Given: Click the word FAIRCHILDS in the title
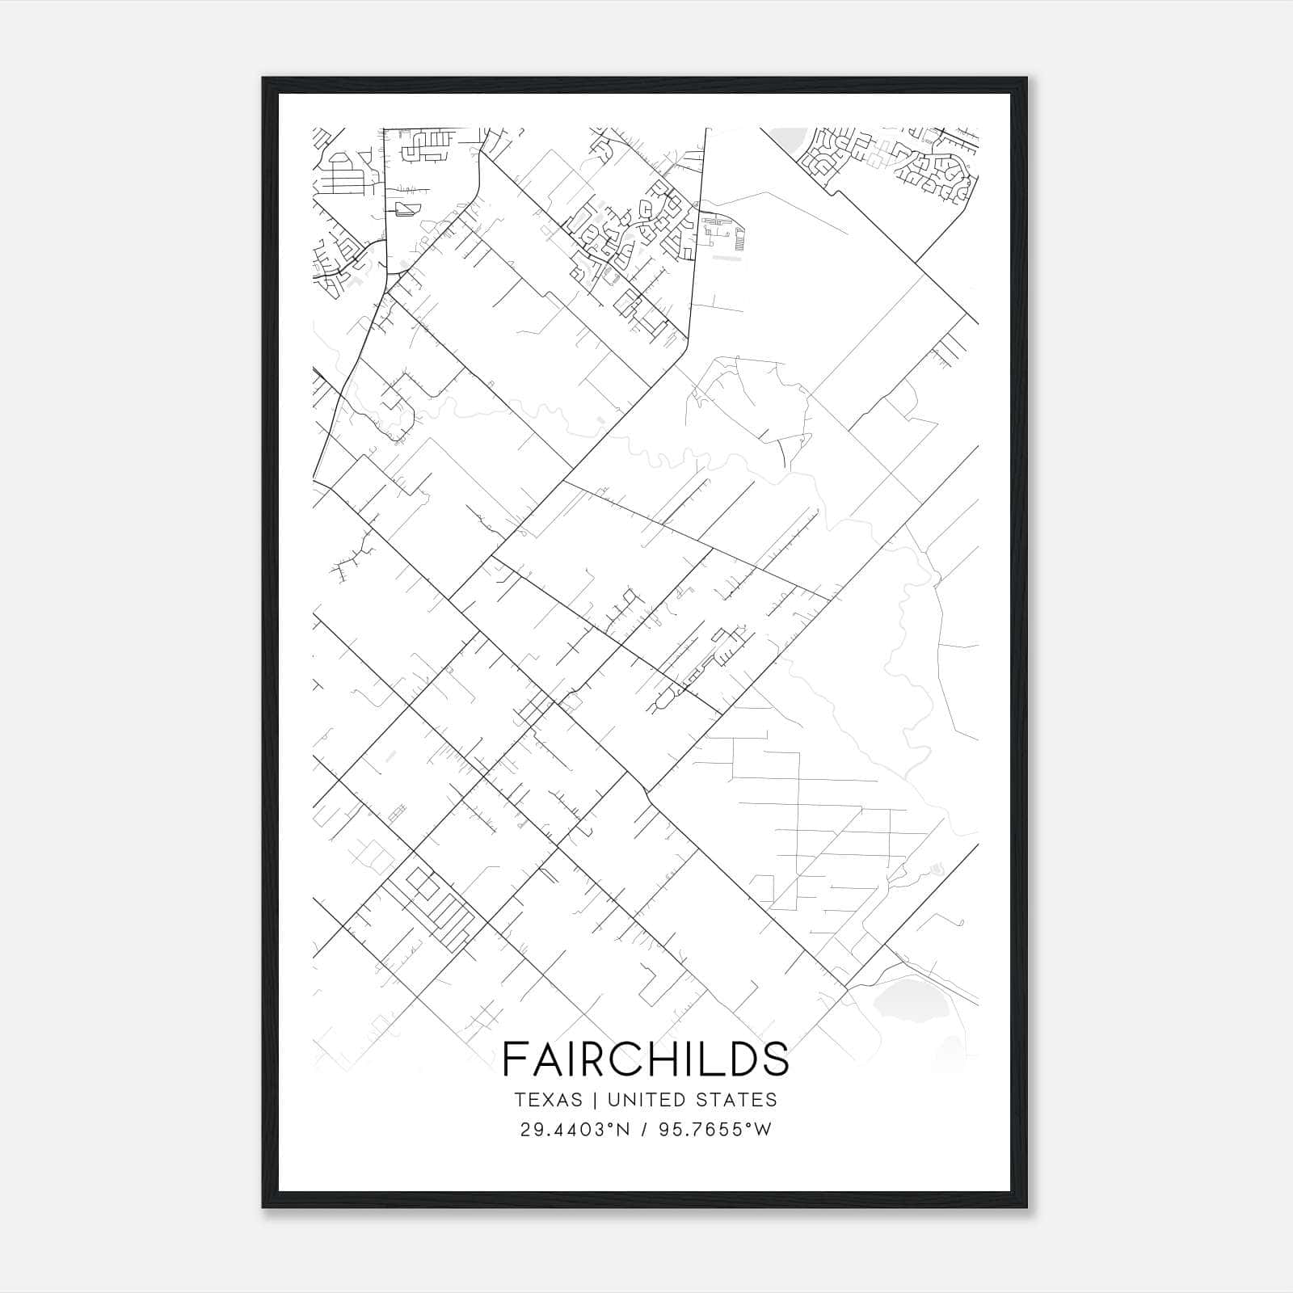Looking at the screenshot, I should click(646, 1059).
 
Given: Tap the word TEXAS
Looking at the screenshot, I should click(548, 1100).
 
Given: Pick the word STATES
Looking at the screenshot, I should click(738, 1100).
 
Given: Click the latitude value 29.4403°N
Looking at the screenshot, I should click(575, 1130).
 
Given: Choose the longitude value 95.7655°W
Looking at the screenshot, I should click(714, 1130).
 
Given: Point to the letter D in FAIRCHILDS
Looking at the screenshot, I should click(739, 1059).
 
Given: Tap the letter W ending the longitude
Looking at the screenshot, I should click(763, 1130).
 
